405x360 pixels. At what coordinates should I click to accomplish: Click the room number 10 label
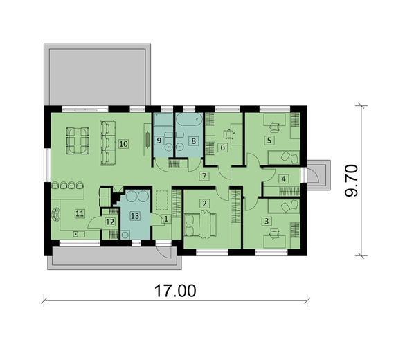(x=123, y=144)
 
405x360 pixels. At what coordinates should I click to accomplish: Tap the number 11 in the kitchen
(x=80, y=214)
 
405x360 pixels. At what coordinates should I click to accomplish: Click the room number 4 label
(x=283, y=178)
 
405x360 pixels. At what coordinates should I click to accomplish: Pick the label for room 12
(x=109, y=222)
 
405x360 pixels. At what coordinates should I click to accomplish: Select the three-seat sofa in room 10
(x=107, y=142)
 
